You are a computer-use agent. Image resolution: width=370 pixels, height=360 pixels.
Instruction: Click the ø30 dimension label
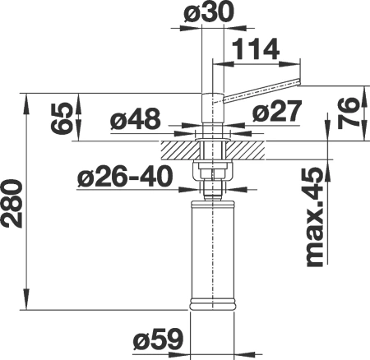pyautogui.click(x=204, y=15)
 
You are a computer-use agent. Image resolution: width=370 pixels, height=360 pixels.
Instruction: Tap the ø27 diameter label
pyautogui.click(x=269, y=112)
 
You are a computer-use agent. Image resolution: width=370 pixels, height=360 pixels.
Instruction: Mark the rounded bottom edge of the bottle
pyautogui.click(x=213, y=307)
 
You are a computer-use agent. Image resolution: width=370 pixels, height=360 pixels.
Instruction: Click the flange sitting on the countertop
pyautogui.click(x=213, y=134)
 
